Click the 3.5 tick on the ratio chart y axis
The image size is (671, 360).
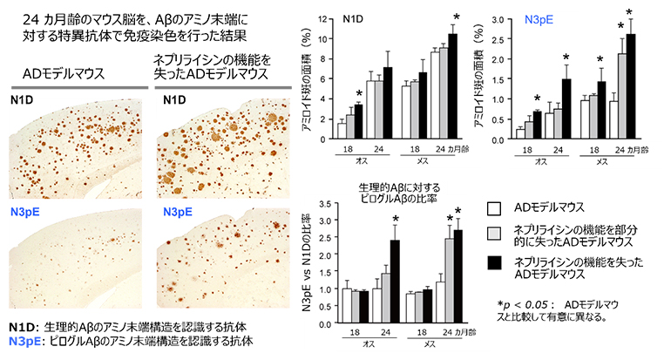pyautogui.click(x=329, y=203)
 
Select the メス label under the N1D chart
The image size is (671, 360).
pyautogui.click(x=428, y=160)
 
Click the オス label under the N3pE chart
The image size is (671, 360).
pyautogui.click(x=541, y=160)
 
